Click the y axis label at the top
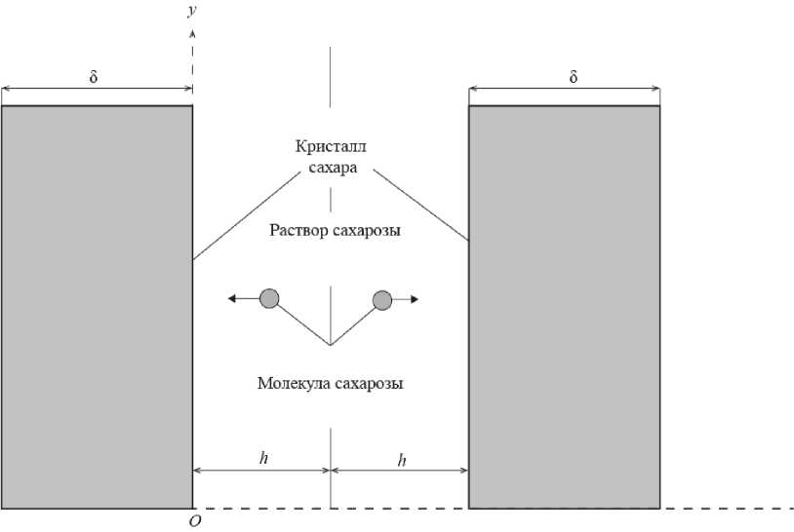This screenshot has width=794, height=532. tap(192, 12)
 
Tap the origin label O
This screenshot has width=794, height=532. tap(195, 522)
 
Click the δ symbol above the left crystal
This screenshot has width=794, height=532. tap(94, 76)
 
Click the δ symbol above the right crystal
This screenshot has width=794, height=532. tap(574, 76)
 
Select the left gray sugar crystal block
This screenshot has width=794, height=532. tap(96, 307)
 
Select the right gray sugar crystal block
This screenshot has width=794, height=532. tap(564, 307)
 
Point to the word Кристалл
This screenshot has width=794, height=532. tap(331, 147)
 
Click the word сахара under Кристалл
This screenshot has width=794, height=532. tap(332, 168)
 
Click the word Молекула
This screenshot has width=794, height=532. tap(294, 384)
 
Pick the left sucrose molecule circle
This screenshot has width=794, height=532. tap(269, 299)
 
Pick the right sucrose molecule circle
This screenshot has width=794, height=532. tap(382, 299)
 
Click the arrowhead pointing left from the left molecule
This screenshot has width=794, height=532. tap(232, 299)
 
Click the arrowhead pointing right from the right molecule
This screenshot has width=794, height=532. tap(415, 299)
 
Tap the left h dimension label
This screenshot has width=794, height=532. tap(262, 457)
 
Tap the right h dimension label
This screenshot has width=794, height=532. tap(402, 459)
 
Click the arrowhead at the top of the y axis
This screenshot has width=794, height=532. tap(192, 34)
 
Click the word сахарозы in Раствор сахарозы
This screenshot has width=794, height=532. tap(366, 231)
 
